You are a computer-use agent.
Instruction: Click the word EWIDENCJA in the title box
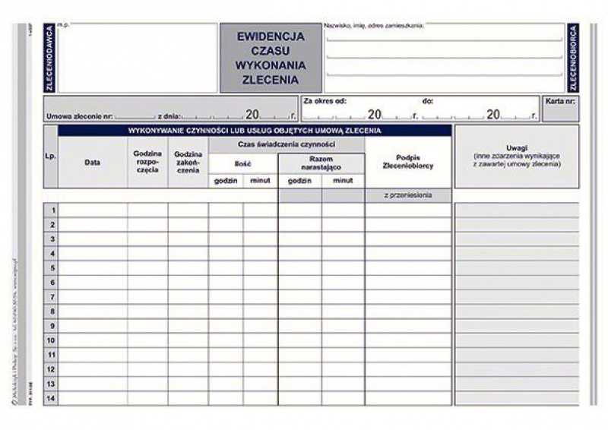click(x=271, y=36)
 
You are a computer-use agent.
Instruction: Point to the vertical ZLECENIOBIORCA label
click(x=573, y=58)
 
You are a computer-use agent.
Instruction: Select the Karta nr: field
click(x=560, y=100)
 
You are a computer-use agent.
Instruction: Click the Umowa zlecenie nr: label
click(x=79, y=116)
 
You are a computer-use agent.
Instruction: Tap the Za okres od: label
click(x=325, y=100)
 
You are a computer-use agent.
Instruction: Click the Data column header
click(x=93, y=162)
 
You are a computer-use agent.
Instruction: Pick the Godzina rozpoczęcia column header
click(x=147, y=162)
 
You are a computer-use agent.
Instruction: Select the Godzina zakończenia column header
click(x=188, y=162)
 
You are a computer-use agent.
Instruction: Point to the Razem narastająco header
click(x=321, y=162)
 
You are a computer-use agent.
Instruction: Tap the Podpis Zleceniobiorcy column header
click(x=408, y=162)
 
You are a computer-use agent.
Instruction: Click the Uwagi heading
click(x=516, y=147)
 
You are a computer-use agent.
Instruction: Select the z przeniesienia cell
click(x=408, y=196)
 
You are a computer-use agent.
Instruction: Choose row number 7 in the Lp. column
click(x=52, y=296)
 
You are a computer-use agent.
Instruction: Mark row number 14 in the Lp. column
click(x=51, y=398)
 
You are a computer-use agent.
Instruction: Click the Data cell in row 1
click(x=93, y=210)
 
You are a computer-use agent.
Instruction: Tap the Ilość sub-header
click(x=242, y=163)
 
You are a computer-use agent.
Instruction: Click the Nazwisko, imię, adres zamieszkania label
click(x=373, y=26)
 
